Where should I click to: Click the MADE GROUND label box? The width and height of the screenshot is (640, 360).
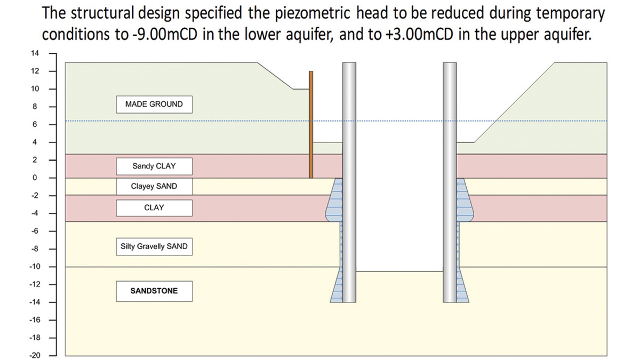pos(154,105)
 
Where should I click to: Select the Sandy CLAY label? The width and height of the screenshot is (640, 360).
pos(154,166)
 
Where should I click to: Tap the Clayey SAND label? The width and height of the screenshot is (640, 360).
pos(154,187)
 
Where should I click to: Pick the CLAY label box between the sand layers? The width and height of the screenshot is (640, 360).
pos(154,207)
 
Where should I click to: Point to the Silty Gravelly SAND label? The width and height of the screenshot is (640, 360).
pos(154,247)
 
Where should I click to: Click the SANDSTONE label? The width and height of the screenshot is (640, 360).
pos(154,291)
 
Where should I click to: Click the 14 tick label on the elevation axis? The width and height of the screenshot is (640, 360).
pos(35,53)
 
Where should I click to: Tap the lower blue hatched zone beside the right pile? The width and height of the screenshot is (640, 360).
pos(462,291)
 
